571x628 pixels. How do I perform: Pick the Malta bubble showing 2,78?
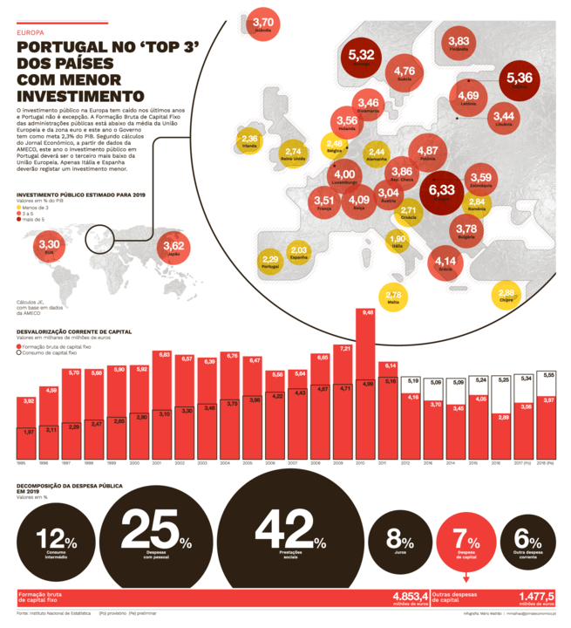tap(393, 297)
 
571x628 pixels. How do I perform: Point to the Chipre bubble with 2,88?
tap(506, 295)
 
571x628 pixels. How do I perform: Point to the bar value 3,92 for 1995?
tap(29, 400)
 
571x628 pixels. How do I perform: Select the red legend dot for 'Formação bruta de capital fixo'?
tap(20, 346)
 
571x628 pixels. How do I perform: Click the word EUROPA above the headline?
tap(30, 32)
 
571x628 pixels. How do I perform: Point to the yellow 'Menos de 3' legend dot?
tap(19, 207)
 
